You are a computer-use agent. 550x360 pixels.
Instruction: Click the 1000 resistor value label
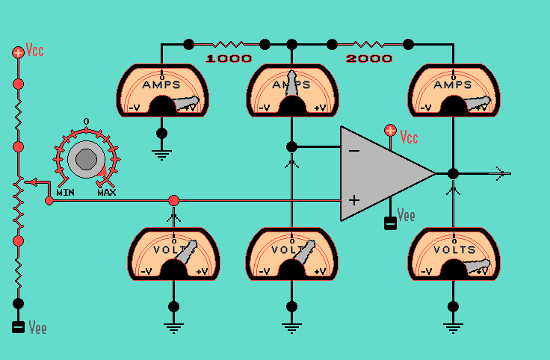(229, 58)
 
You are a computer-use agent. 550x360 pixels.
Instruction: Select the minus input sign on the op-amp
(353, 150)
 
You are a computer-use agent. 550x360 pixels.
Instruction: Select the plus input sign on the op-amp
(353, 200)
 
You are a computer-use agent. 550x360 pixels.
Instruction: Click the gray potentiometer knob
(86, 159)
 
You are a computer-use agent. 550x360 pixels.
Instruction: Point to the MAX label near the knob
(107, 193)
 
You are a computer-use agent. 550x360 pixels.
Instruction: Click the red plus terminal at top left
(19, 52)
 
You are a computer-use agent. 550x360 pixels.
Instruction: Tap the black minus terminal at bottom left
(19, 327)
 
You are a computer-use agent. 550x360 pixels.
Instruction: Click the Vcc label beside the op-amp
(409, 138)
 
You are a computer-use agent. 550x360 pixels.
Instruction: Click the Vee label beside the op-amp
(406, 216)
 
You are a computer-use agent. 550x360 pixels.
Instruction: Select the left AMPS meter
(161, 91)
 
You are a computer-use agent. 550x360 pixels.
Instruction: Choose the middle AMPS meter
(291, 91)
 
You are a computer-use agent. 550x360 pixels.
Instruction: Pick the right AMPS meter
(453, 91)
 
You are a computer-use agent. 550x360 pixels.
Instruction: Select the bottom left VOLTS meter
(173, 254)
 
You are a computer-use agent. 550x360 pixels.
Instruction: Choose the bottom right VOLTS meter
(453, 254)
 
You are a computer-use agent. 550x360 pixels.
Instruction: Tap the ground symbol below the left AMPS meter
(161, 153)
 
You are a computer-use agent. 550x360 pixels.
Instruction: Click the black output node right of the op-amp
(453, 174)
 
